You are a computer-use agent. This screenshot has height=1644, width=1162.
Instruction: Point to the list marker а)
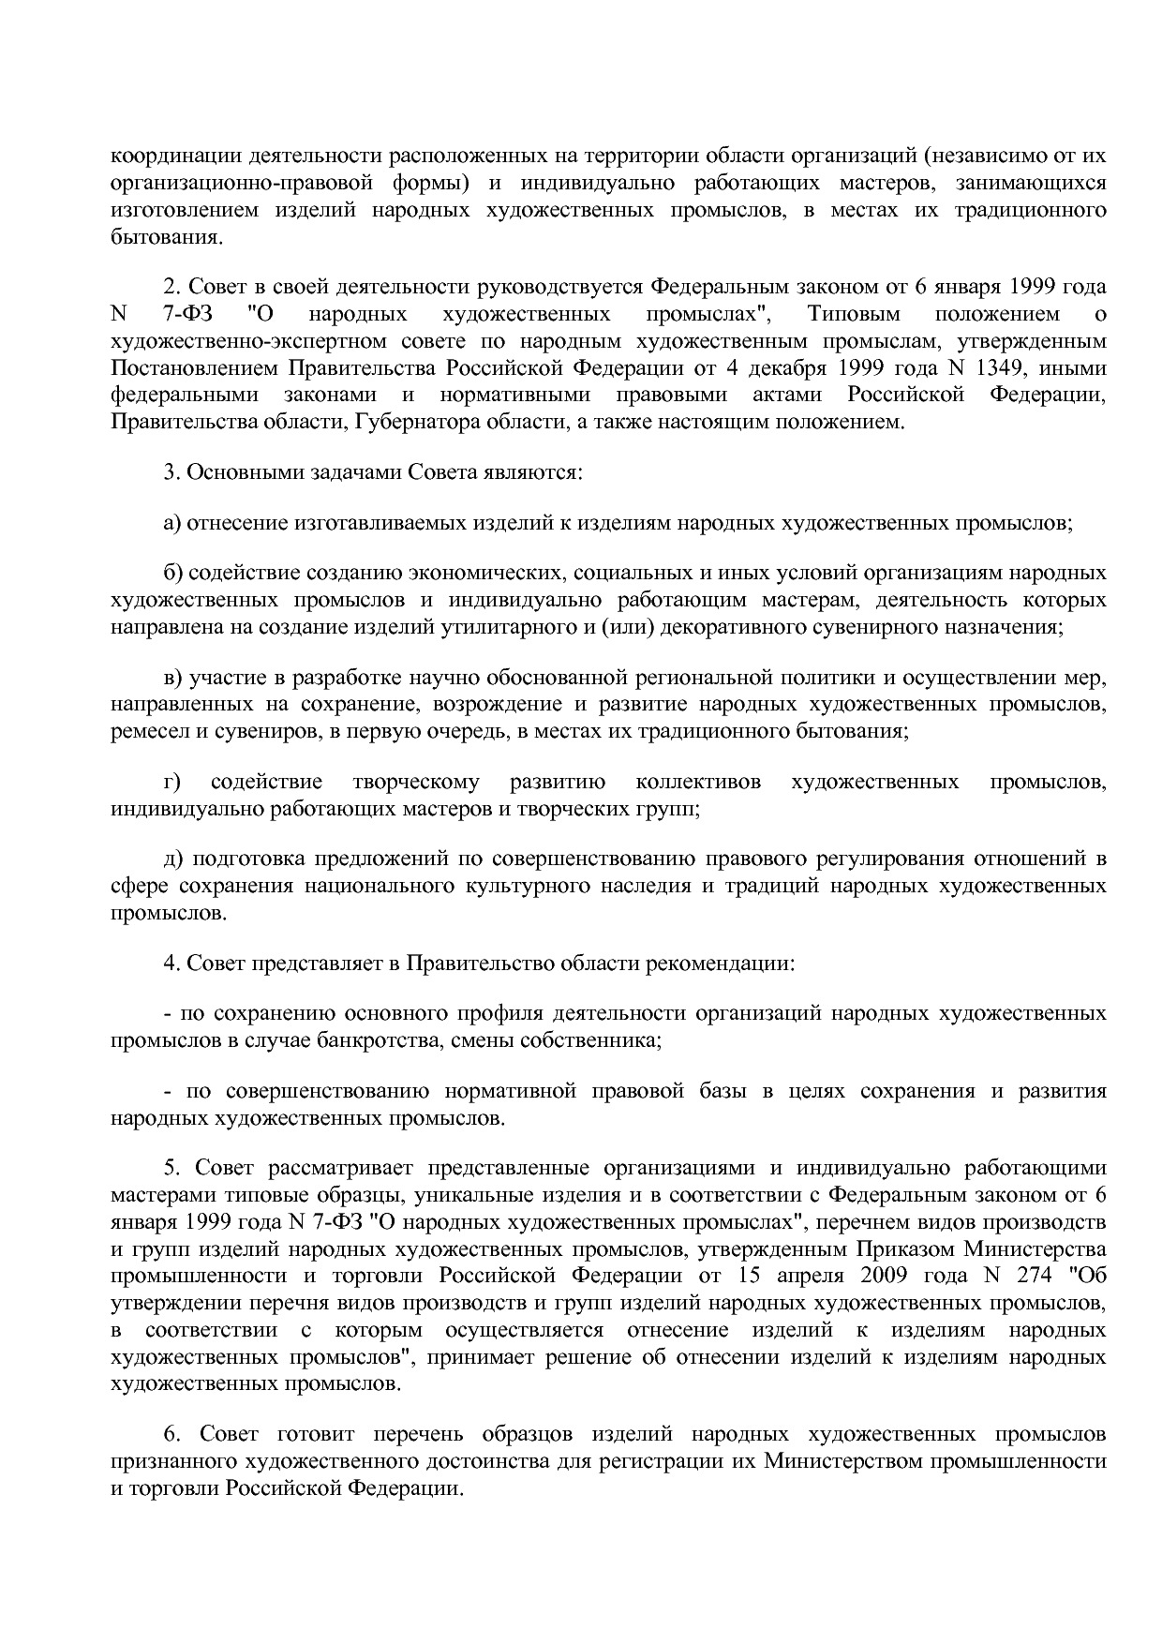click(171, 522)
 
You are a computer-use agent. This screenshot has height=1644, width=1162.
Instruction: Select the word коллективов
click(698, 781)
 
